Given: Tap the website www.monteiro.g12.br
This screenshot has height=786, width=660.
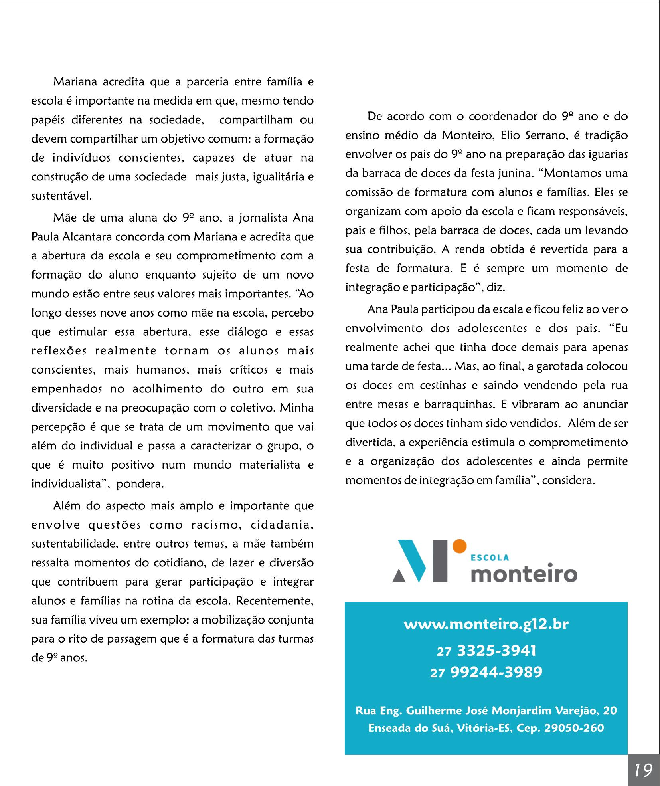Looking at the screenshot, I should coord(486,624).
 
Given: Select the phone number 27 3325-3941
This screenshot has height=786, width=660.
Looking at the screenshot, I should coord(486,651).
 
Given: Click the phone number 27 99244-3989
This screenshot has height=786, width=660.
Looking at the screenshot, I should coord(486,672).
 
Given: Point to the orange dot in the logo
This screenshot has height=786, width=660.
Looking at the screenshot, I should coord(459,546).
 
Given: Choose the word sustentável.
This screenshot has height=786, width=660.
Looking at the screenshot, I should coord(61,196).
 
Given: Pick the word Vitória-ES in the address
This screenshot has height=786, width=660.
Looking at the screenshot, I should coord(485,728).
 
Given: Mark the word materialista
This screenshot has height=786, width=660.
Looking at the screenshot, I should coord(258,465).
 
